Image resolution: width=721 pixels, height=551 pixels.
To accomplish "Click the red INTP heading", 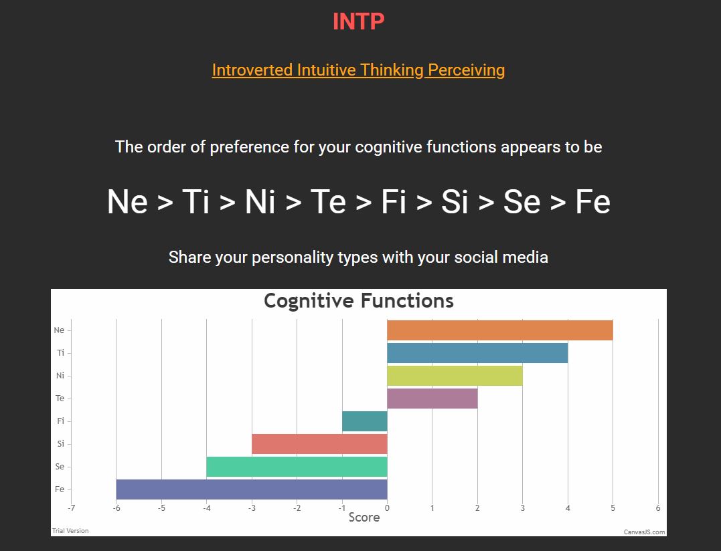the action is click(358, 21).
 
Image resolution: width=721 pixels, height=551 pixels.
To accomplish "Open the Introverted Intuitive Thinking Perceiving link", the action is click(358, 70).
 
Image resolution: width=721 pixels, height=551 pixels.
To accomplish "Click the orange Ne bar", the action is click(500, 330).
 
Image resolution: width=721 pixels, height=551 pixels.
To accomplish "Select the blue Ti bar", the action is click(477, 353).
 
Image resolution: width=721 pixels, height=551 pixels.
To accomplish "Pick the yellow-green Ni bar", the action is click(455, 376).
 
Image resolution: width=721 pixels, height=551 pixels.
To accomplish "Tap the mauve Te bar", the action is click(432, 398).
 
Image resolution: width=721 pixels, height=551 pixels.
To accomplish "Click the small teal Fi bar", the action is click(365, 421).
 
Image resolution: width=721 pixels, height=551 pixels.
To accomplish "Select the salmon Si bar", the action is click(319, 443).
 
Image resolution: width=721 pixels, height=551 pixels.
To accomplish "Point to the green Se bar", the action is click(297, 467).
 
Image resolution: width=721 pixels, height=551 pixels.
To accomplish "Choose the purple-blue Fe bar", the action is click(252, 489).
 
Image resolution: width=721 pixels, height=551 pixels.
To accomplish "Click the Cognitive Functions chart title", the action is click(359, 301).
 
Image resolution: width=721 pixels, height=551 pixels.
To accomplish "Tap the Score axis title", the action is click(364, 518).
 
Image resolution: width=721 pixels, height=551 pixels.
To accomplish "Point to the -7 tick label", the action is click(71, 508).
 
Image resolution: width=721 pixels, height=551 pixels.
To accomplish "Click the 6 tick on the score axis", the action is click(658, 508).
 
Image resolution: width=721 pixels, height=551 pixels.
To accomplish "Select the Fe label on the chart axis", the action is click(60, 489).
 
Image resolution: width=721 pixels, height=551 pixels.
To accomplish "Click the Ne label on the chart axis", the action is click(60, 330).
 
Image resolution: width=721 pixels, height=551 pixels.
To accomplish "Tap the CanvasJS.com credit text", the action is click(644, 532).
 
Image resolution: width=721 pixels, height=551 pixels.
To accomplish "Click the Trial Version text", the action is click(70, 531).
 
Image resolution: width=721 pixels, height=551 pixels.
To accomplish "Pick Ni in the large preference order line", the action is click(260, 201).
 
